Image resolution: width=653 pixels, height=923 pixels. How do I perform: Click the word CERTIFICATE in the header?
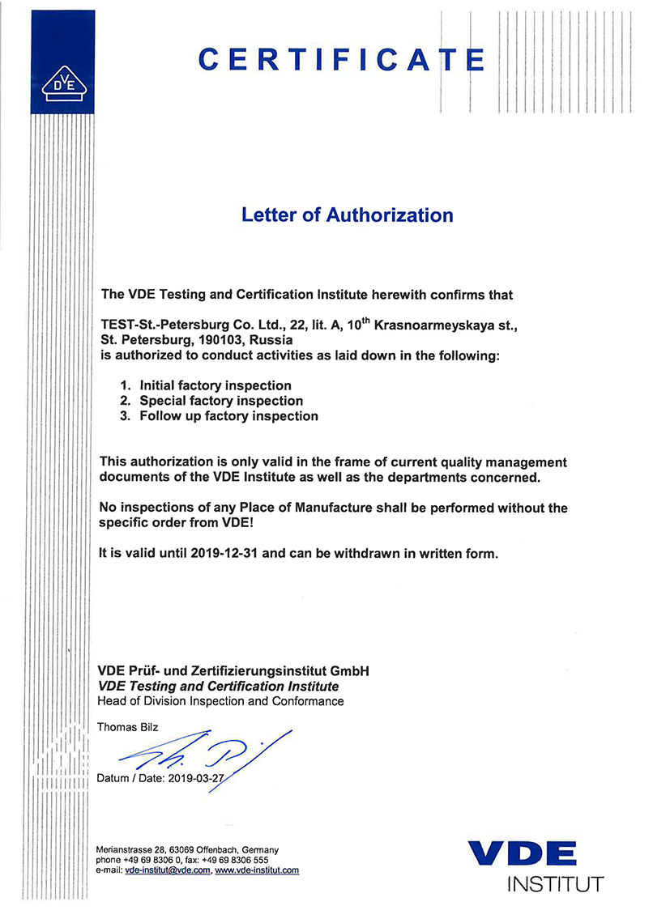(x=341, y=59)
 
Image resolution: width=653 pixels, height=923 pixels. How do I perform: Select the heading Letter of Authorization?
(x=348, y=215)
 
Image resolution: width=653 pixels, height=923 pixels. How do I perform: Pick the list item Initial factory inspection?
(x=216, y=385)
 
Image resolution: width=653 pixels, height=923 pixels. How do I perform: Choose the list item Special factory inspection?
(x=221, y=401)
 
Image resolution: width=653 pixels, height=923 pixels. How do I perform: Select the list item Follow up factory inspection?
(x=228, y=416)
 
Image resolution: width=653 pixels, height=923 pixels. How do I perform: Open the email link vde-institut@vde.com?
(x=169, y=870)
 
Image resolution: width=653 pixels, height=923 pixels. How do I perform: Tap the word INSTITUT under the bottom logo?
(x=555, y=884)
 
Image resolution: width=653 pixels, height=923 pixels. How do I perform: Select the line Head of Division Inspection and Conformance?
(x=220, y=701)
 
